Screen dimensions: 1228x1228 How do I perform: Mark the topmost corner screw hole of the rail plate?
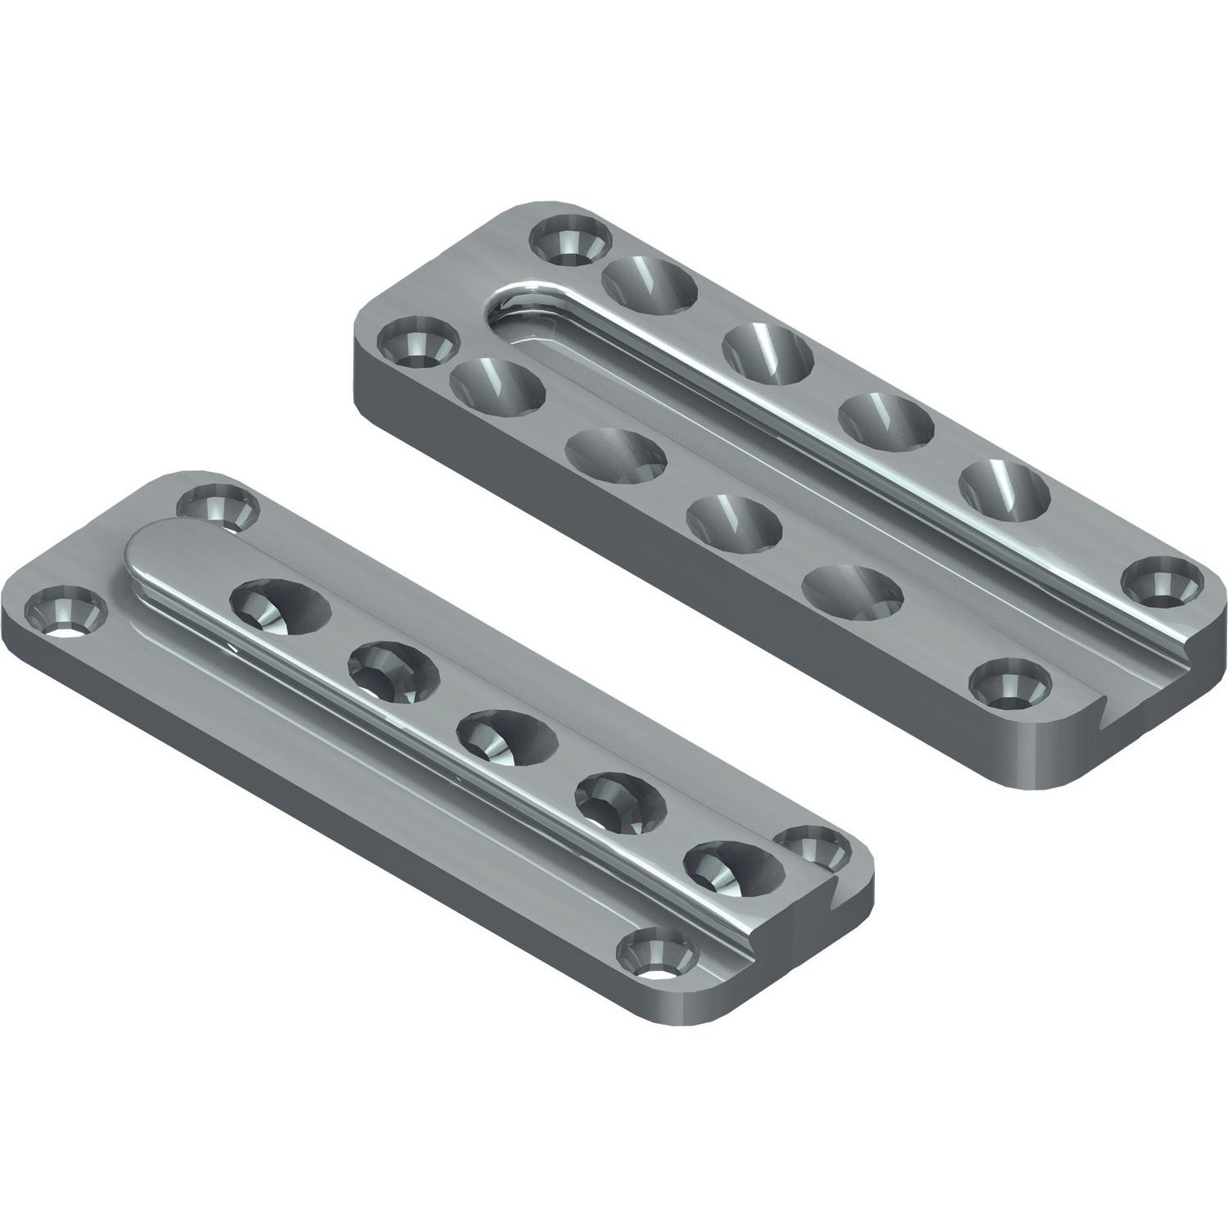point(217,506)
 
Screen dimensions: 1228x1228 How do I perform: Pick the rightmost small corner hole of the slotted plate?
point(1163,582)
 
